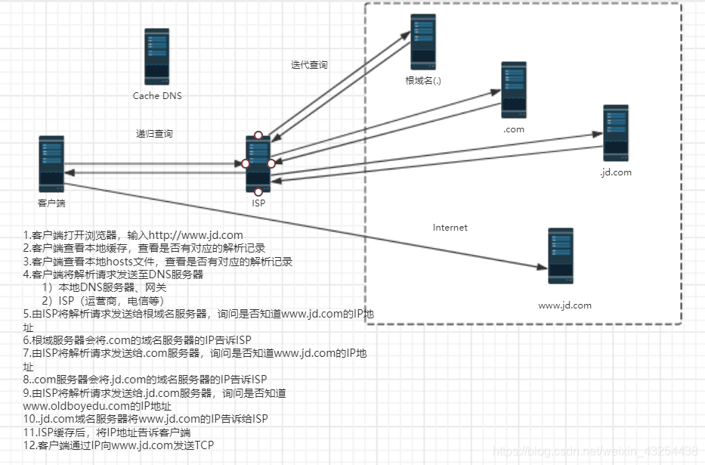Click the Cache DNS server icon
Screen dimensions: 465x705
(157, 56)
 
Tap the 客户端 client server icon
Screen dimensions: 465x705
(51, 163)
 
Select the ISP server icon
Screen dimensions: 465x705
(258, 164)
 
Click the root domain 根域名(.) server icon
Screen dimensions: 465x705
(423, 42)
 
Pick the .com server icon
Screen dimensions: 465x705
(514, 90)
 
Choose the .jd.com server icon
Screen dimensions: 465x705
(616, 132)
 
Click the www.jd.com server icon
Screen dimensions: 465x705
(561, 256)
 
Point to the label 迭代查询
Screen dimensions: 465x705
(309, 65)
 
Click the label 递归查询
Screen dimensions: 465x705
(154, 134)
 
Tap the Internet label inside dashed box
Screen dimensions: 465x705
(450, 228)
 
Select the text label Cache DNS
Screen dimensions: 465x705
(157, 96)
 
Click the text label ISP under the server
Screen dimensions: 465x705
(258, 203)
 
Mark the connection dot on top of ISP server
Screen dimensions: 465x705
(258, 135)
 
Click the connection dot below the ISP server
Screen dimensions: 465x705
(258, 192)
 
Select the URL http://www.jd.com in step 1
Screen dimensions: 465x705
(196, 235)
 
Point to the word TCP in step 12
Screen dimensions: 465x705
(203, 445)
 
